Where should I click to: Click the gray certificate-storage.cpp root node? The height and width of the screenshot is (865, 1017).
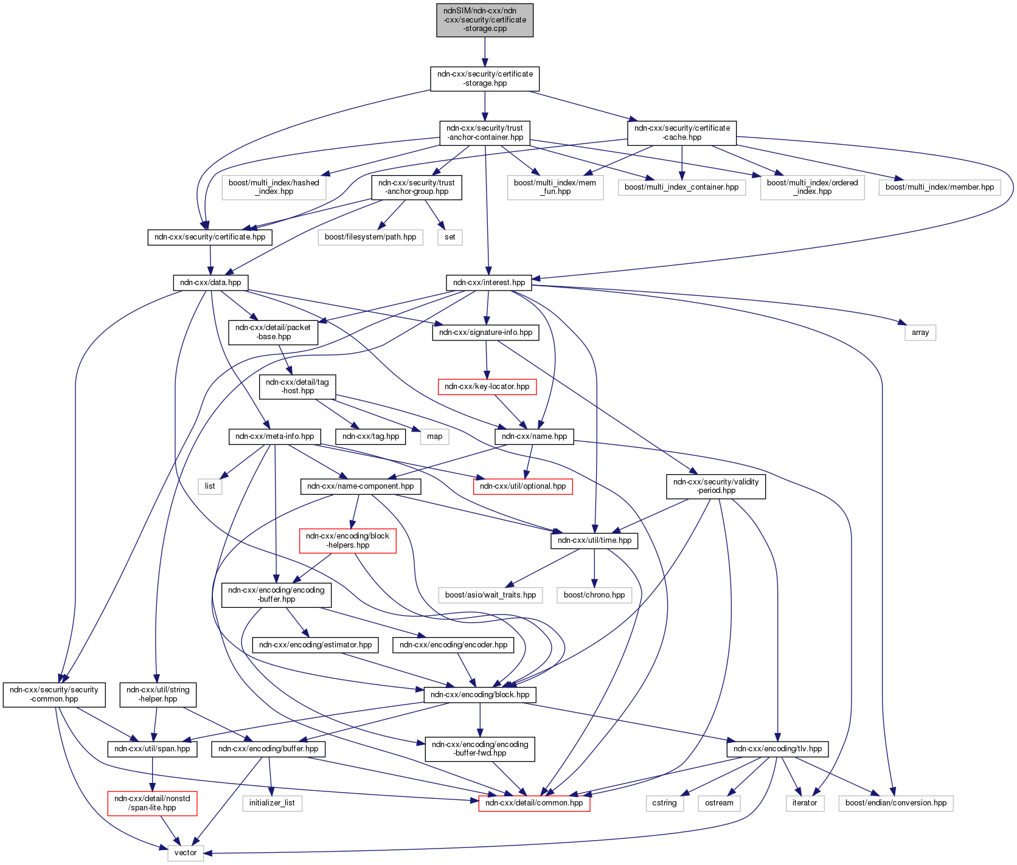(x=485, y=20)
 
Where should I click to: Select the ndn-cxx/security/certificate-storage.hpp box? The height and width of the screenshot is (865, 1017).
(x=485, y=78)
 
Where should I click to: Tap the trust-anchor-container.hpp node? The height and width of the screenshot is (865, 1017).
(x=485, y=133)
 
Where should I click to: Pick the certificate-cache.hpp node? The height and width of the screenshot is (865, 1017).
(x=682, y=133)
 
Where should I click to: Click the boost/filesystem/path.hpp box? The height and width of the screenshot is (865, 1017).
(x=370, y=237)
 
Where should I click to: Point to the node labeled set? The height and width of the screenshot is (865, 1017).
(x=449, y=237)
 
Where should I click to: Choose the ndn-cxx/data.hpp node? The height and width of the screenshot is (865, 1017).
(x=210, y=283)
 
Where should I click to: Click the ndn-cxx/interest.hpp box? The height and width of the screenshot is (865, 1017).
(x=489, y=283)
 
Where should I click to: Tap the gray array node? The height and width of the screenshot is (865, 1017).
(x=920, y=333)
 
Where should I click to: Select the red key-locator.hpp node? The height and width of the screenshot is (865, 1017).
(x=487, y=387)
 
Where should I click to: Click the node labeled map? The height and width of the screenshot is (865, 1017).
(x=434, y=436)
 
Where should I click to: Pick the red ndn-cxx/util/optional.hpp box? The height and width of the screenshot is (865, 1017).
(x=522, y=486)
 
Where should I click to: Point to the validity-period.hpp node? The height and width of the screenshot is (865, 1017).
(x=716, y=486)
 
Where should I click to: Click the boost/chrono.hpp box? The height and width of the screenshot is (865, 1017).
(x=594, y=595)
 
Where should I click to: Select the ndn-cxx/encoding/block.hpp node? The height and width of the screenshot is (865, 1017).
(x=480, y=695)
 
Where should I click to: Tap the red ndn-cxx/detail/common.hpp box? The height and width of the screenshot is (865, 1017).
(x=534, y=803)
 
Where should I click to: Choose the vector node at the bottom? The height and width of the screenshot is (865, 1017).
(x=186, y=853)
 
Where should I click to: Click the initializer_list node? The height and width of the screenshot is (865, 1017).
(x=272, y=803)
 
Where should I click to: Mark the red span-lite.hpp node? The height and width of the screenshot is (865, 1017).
(x=152, y=803)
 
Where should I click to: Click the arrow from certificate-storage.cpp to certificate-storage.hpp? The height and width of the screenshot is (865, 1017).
(x=485, y=52)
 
